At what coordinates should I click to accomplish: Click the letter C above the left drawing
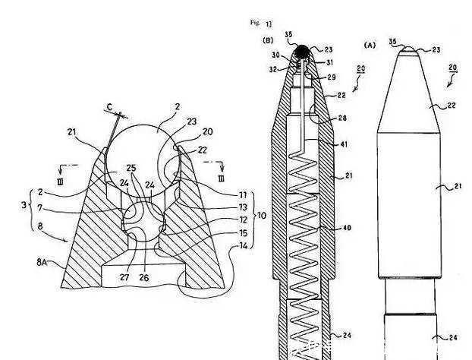[x=112, y=107]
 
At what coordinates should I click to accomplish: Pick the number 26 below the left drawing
[x=143, y=277]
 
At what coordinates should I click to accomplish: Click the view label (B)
[x=267, y=39]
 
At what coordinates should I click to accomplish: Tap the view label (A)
[x=370, y=45]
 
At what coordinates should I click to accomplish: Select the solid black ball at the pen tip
[x=302, y=52]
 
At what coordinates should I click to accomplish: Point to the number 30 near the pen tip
[x=277, y=55]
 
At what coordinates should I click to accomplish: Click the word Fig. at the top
[x=256, y=23]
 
